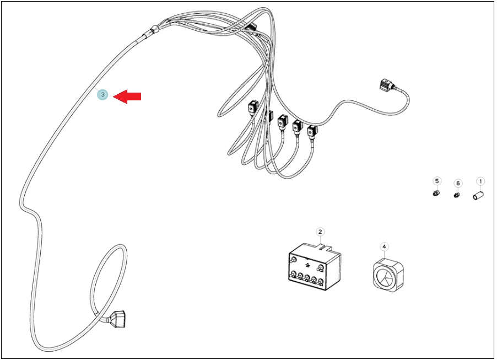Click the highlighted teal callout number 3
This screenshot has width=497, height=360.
[102, 94]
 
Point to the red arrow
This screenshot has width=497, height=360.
[127, 96]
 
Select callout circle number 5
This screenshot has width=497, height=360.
[437, 181]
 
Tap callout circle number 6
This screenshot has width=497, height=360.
[458, 184]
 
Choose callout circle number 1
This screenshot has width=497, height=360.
[480, 181]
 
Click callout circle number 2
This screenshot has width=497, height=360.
[320, 232]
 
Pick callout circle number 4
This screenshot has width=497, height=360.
[384, 246]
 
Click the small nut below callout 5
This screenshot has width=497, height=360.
[436, 193]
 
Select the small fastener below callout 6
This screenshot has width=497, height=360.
[457, 195]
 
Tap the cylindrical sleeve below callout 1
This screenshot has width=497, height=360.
[479, 195]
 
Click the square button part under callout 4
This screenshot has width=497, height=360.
[388, 275]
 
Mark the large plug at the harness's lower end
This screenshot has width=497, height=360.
[117, 319]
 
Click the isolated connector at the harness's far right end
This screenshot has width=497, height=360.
[387, 85]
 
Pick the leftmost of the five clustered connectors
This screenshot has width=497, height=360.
[253, 106]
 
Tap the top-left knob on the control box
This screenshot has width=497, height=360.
[293, 260]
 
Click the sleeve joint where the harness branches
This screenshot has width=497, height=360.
[150, 33]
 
